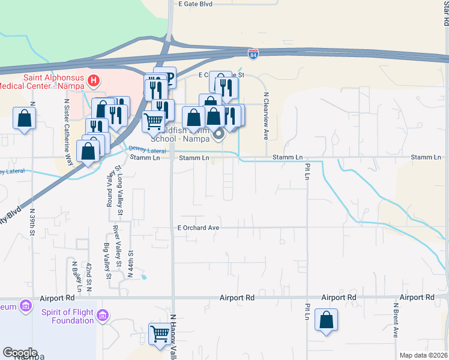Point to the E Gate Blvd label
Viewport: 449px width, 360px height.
click(196, 4)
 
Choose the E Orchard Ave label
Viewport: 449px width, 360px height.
click(198, 228)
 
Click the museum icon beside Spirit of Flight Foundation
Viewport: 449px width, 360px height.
click(103, 315)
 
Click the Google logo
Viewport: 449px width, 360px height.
click(20, 353)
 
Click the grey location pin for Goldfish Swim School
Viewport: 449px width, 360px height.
click(218, 134)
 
